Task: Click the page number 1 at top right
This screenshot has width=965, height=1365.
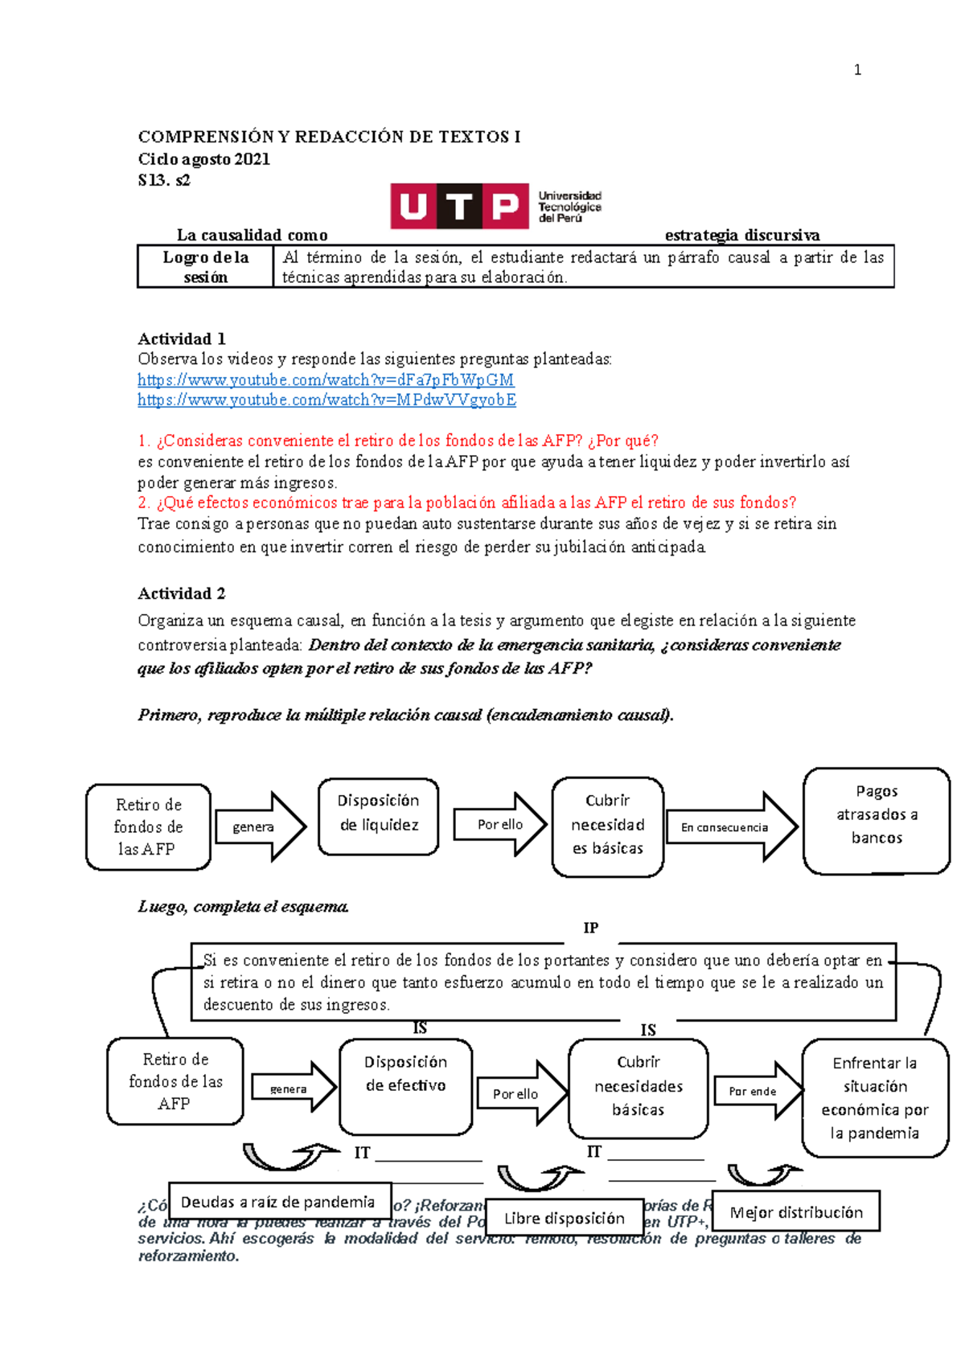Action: coord(857,70)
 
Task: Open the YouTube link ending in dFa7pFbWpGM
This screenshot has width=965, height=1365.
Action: coord(326,379)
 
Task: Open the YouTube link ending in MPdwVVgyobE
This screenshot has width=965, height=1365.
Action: coord(326,400)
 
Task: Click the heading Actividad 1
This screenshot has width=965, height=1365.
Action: coord(182,338)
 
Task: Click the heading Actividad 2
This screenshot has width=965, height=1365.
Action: coord(182,593)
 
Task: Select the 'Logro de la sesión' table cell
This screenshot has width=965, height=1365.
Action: coord(206,267)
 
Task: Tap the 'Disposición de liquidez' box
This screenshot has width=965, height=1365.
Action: coord(379,815)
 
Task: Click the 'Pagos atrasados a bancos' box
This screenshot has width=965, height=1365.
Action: coord(877,820)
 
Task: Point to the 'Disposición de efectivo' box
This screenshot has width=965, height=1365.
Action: coord(406,1086)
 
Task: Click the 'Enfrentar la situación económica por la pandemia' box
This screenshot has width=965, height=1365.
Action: coord(875,1097)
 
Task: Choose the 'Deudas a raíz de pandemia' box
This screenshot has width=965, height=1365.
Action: coord(279,1202)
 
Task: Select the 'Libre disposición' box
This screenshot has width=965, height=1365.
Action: coord(565,1218)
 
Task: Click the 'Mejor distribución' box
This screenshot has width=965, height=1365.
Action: coord(796,1211)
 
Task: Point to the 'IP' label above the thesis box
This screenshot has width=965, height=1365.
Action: coord(590,928)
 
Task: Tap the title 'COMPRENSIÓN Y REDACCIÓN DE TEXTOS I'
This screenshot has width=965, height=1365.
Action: coord(329,137)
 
